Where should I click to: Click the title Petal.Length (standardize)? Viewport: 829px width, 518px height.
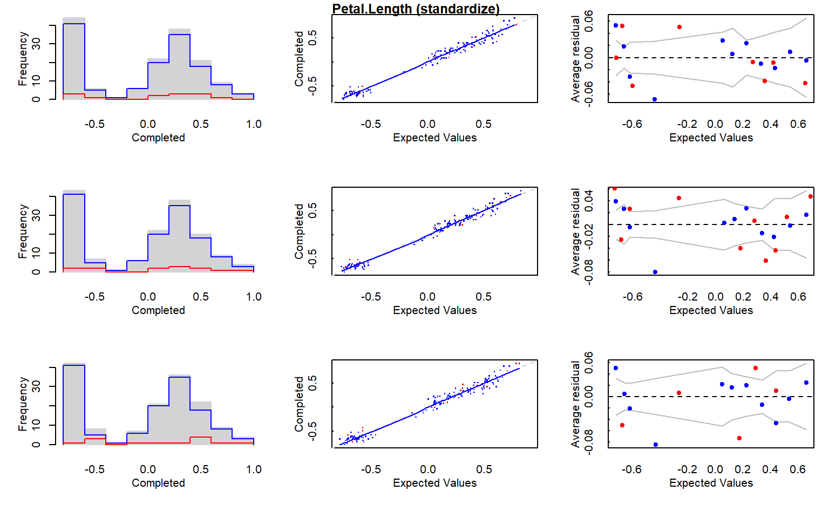coord(416,9)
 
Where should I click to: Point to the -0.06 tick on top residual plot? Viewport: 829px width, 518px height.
coord(589,93)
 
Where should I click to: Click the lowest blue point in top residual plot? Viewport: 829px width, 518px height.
coord(655,99)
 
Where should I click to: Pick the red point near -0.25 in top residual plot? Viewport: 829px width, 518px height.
coord(679,27)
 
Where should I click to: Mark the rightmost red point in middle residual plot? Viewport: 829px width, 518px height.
coord(811,196)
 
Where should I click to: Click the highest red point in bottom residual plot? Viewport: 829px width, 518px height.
coord(756,368)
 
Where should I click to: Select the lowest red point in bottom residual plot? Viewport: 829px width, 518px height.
coord(739,438)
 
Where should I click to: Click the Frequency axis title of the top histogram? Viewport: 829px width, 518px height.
coord(23,58)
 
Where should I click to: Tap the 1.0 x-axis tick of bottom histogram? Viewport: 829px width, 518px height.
coord(254,469)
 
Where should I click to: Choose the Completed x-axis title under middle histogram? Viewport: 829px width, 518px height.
coord(158,310)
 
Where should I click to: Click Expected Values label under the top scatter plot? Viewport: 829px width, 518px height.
coord(434,138)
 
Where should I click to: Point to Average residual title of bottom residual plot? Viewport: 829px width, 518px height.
coord(575,404)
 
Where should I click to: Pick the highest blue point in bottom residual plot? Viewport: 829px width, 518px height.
coord(616,368)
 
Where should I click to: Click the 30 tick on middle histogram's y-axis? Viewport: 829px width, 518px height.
coord(36,215)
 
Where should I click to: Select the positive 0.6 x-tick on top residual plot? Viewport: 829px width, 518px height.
coord(798,124)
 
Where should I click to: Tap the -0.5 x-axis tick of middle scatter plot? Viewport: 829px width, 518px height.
coord(371,297)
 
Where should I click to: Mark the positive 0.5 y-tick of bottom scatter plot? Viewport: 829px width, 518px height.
coord(312,383)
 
